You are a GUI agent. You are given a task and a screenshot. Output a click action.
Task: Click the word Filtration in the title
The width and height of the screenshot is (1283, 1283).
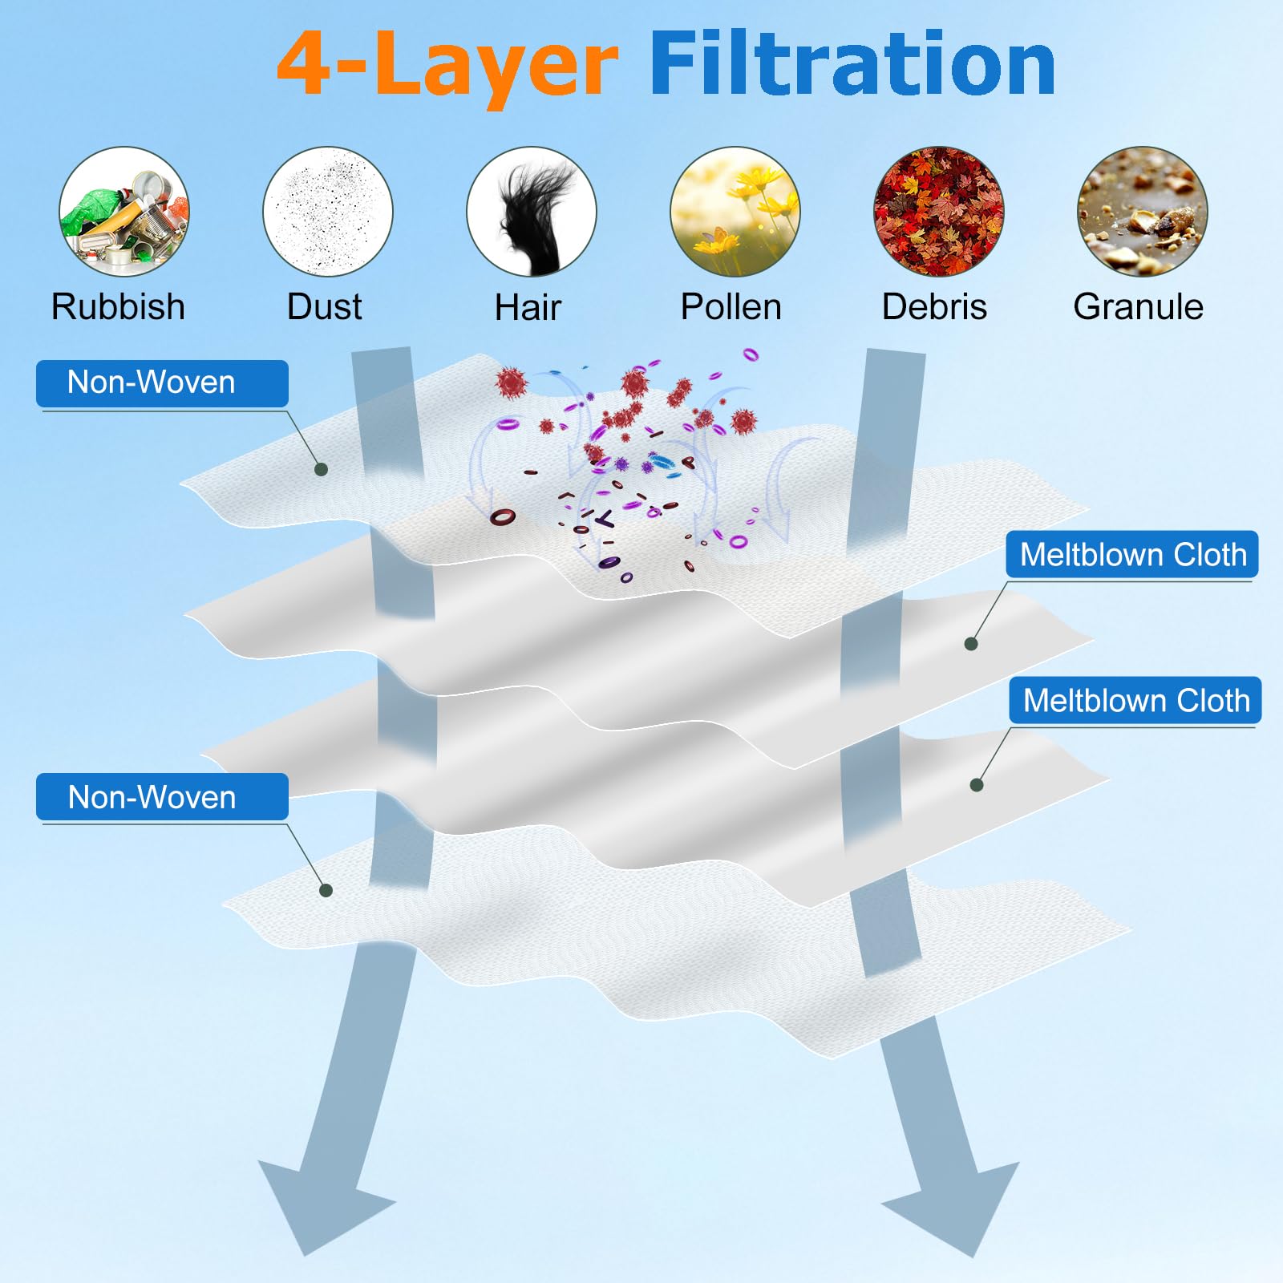click(x=852, y=64)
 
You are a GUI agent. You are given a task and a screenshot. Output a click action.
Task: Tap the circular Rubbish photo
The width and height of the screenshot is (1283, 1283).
click(x=124, y=212)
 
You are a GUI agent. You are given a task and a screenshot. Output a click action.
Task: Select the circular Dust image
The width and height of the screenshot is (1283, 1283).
click(x=328, y=212)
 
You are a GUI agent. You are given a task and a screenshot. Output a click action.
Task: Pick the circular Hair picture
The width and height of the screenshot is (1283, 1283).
click(x=532, y=212)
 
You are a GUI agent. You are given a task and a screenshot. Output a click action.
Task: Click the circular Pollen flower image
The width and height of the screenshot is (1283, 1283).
click(x=735, y=212)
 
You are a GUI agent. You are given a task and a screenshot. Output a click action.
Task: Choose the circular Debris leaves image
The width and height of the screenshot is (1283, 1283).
click(x=938, y=212)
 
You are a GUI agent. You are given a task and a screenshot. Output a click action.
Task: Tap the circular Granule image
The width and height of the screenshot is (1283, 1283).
click(x=1142, y=212)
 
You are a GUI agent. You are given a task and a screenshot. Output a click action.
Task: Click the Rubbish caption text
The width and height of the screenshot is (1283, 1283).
click(x=118, y=306)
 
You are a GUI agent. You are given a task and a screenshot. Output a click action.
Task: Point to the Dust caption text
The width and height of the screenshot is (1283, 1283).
click(x=324, y=306)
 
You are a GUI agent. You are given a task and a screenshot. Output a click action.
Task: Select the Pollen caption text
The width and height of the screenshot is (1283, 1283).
click(x=731, y=306)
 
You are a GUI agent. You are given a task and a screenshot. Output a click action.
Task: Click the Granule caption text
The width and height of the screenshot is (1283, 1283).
click(x=1138, y=306)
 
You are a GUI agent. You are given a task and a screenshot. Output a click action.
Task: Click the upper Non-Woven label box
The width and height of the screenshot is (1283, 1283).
click(x=162, y=383)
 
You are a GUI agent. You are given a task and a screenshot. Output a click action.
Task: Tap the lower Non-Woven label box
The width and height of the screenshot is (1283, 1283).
click(x=162, y=797)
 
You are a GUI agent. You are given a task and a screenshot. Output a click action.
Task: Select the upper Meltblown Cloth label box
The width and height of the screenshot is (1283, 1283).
click(x=1132, y=554)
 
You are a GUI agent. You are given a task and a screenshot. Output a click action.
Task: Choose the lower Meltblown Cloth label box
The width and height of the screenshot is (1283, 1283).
click(x=1135, y=700)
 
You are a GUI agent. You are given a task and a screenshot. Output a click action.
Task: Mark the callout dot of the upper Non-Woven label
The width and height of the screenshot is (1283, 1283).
click(x=321, y=469)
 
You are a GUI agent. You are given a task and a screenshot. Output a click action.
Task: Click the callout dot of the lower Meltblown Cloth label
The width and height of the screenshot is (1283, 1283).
click(x=977, y=785)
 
